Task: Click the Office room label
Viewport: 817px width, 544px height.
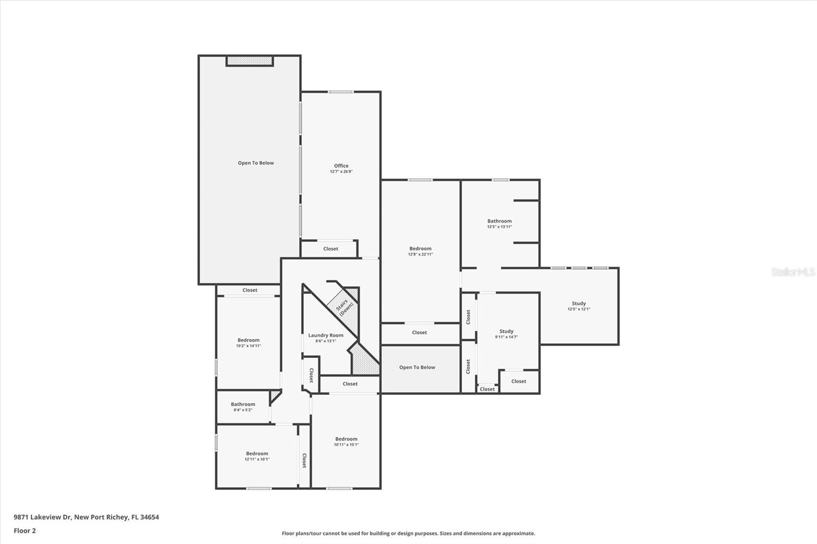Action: point(341,166)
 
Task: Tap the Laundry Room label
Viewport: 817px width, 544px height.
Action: point(326,335)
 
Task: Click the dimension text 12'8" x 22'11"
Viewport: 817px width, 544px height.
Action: point(420,254)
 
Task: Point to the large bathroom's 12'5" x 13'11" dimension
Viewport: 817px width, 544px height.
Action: point(499,227)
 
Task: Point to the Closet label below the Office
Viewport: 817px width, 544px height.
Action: point(330,249)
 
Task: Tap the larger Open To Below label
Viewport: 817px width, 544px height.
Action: point(256,163)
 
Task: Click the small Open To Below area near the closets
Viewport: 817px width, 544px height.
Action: point(417,367)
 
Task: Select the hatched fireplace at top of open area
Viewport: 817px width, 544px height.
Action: point(250,61)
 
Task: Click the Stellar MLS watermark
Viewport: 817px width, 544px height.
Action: point(792,272)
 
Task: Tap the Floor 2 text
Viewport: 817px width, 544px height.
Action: point(25,531)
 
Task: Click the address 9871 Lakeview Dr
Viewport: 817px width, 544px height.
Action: point(42,517)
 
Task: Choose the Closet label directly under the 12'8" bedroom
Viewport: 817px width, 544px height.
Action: point(419,332)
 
